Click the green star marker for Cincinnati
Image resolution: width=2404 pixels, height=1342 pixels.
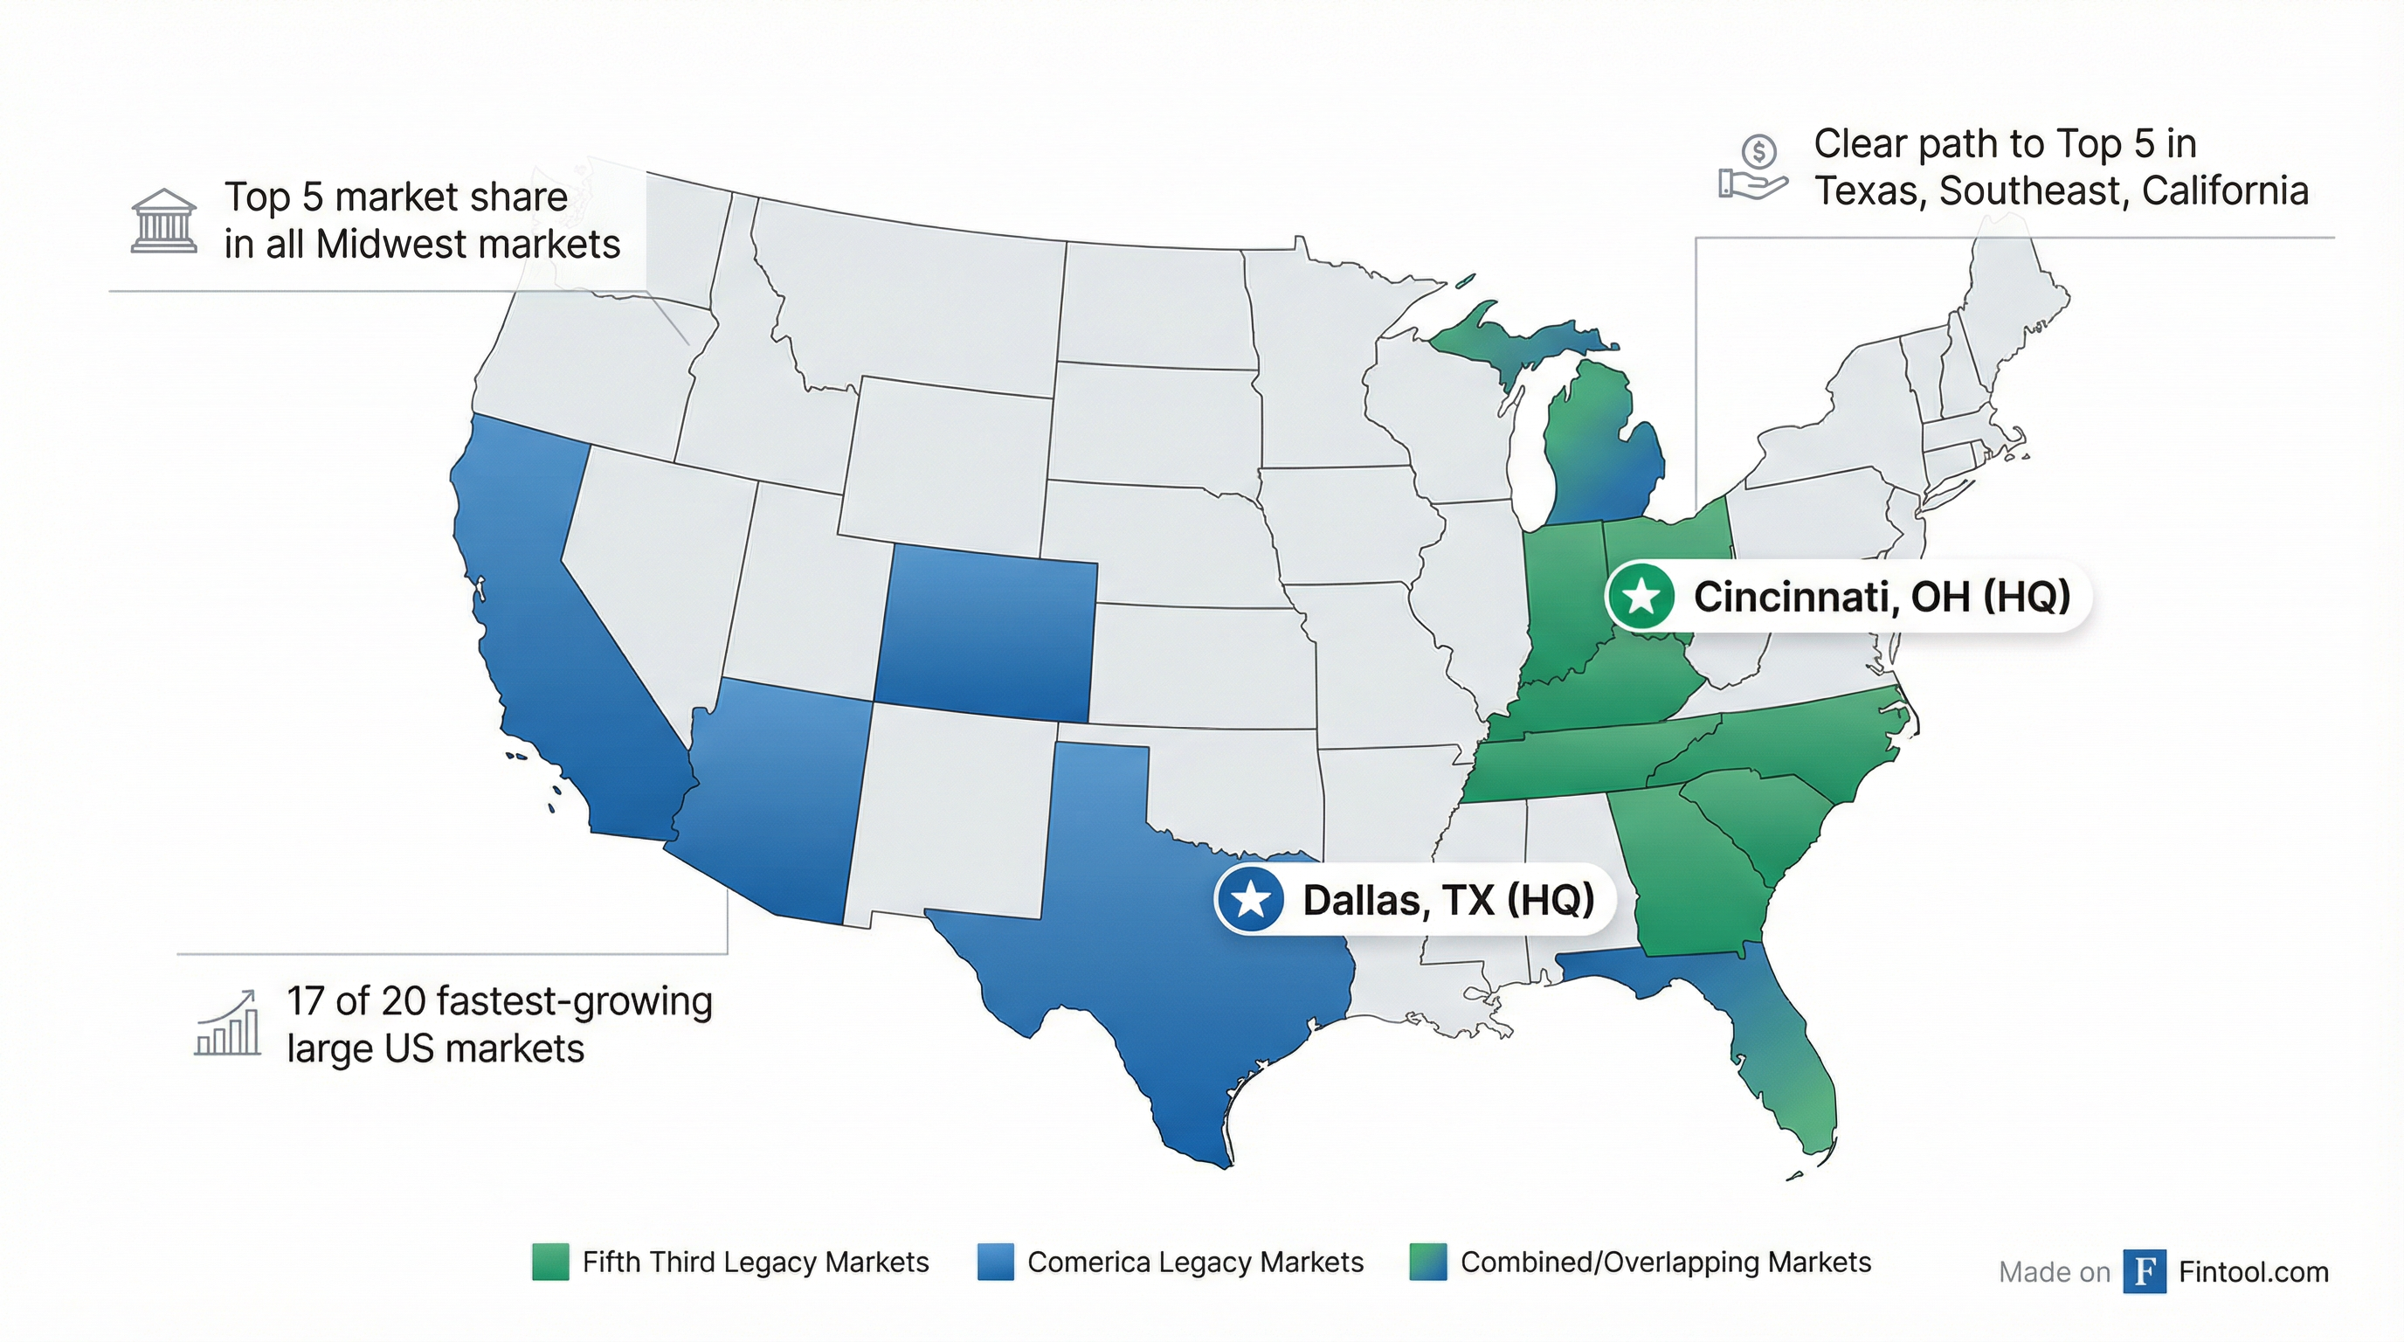(1641, 595)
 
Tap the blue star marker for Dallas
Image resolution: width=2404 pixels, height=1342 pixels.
(1251, 899)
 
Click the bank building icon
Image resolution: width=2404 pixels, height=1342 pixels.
(163, 221)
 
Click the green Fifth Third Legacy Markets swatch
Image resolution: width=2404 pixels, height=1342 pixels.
(549, 1262)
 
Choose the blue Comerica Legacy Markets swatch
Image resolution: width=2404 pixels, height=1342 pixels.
(995, 1262)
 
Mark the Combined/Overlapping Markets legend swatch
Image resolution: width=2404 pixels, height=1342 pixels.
(1428, 1262)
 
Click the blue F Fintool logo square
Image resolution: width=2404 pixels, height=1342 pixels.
(2144, 1271)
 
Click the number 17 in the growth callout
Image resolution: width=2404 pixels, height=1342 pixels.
(305, 1001)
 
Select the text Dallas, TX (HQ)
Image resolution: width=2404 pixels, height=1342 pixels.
(1447, 900)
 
